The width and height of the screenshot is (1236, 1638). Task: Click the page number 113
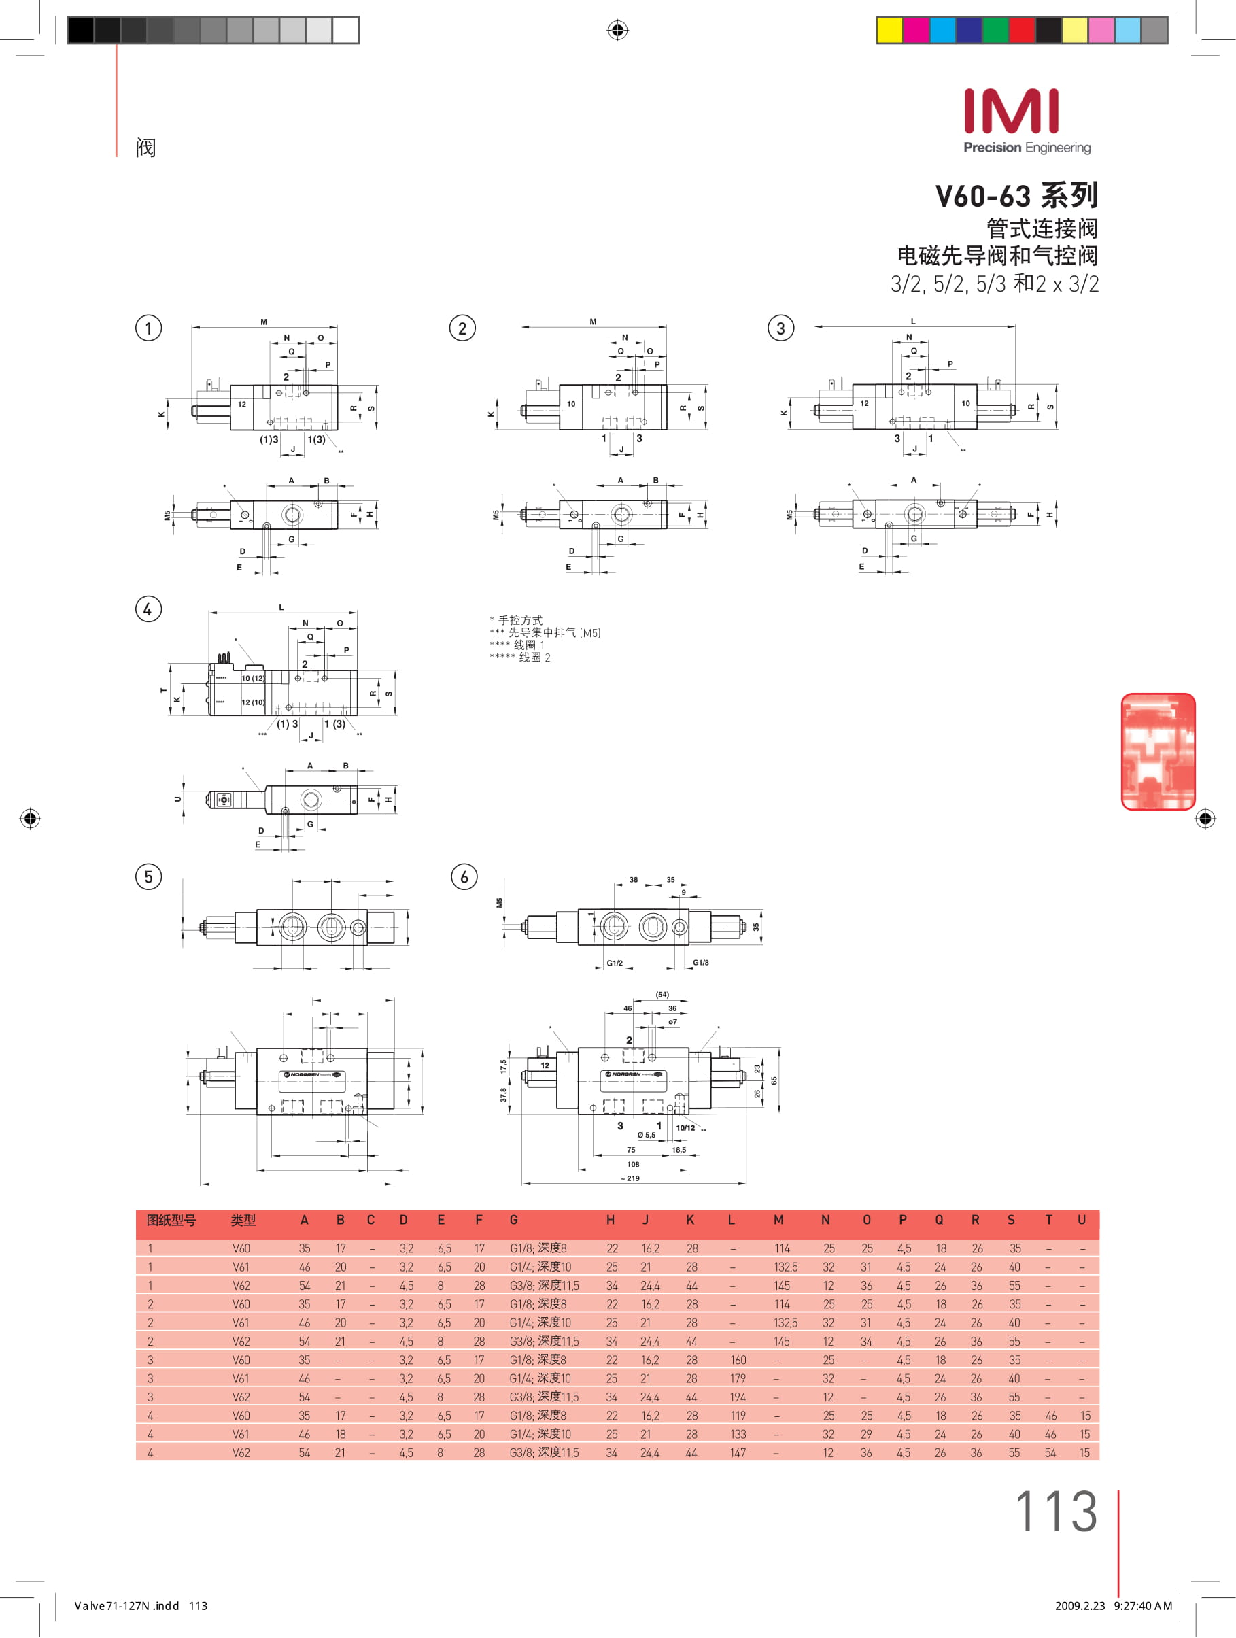coord(1055,1512)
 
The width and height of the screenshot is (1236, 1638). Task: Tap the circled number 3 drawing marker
coord(780,328)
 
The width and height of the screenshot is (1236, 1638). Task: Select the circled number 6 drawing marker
coord(464,876)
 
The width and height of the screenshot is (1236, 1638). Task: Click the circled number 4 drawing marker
coord(148,609)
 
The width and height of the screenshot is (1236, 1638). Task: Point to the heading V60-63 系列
coord(1016,196)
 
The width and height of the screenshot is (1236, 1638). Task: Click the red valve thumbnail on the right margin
coord(1158,751)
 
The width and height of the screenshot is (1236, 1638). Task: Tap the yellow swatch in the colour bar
coord(889,31)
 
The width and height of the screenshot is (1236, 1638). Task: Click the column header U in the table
coord(1081,1220)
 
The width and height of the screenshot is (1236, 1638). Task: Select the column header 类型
coord(243,1221)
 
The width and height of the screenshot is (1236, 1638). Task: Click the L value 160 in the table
coord(738,1360)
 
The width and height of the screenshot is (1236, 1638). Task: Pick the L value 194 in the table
coord(738,1397)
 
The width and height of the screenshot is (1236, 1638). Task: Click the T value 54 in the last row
coord(1050,1452)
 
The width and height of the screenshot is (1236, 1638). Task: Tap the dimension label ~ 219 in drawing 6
coord(630,1178)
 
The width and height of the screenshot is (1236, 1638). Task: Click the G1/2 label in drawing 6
coord(615,963)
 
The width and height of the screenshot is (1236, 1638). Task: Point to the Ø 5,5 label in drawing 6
coord(646,1134)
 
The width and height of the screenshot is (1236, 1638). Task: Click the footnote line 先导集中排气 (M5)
coord(545,632)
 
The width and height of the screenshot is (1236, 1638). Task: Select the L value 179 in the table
coord(738,1378)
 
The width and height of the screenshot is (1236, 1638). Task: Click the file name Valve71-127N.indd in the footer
coord(126,1605)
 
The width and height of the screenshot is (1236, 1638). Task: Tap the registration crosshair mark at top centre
coord(617,31)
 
